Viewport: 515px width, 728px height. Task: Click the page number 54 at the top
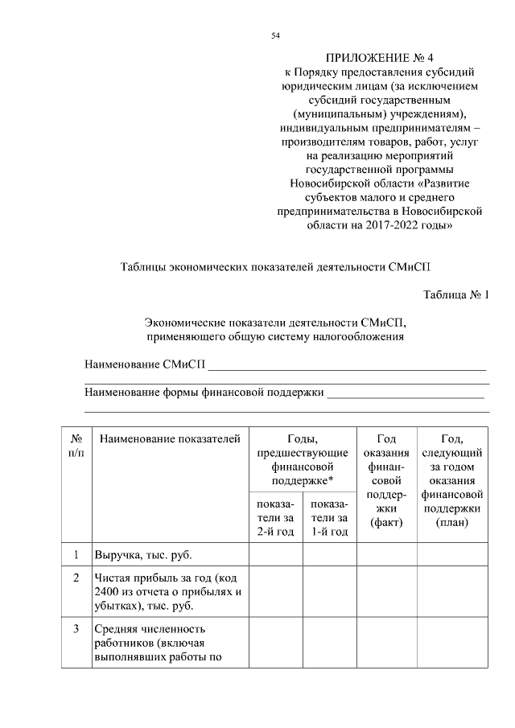tap(275, 36)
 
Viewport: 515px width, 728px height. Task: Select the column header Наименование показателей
tap(169, 439)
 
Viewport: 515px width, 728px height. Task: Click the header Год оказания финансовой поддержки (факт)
tap(384, 480)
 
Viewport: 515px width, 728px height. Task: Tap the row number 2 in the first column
tap(76, 578)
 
